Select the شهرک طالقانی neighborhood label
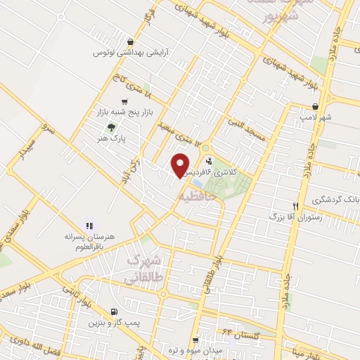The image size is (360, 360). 146,269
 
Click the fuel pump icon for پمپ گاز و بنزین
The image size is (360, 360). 115,311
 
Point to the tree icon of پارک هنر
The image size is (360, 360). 110,127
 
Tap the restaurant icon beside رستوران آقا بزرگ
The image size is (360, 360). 296,206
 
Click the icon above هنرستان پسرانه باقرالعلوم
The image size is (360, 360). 89,226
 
